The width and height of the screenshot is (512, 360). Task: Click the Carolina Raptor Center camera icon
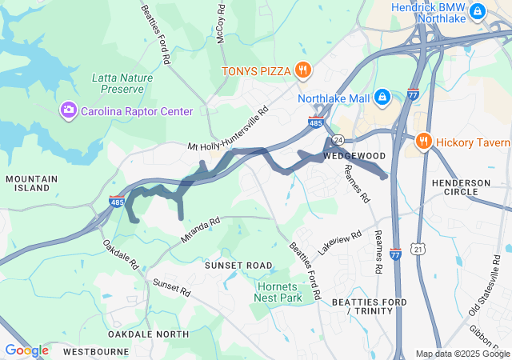[69, 110]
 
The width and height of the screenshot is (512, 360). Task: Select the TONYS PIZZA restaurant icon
[302, 70]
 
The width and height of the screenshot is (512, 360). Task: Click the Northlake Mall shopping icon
[382, 98]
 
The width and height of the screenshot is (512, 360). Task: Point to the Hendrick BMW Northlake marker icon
[478, 11]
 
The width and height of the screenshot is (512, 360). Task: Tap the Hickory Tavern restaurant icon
[423, 142]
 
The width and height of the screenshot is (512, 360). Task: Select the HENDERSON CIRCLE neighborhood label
[461, 189]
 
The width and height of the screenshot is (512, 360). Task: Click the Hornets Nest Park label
[279, 292]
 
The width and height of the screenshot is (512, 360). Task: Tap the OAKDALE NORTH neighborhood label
[149, 334]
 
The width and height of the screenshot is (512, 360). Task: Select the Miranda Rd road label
[199, 230]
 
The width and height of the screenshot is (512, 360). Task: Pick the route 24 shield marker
[338, 139]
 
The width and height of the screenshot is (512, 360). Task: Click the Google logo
[26, 350]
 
